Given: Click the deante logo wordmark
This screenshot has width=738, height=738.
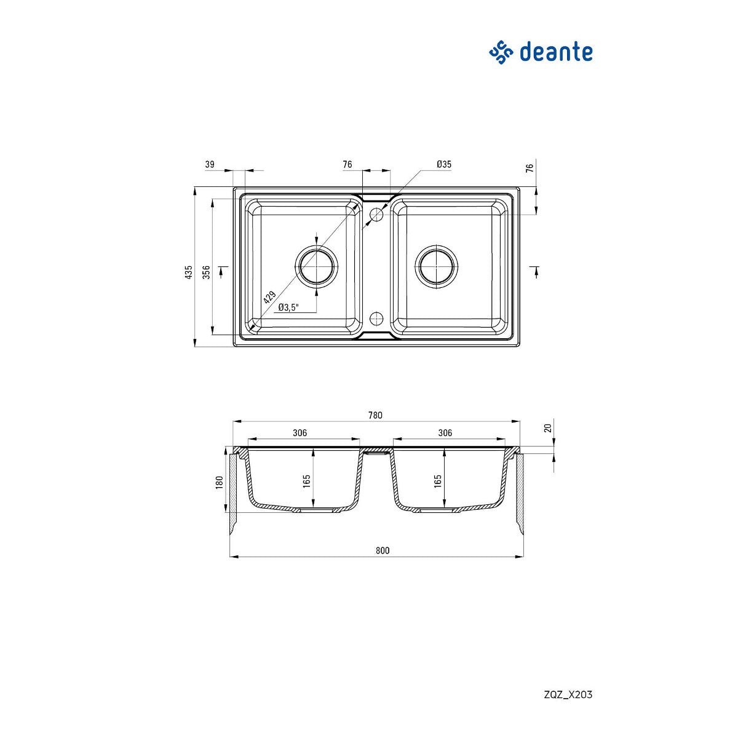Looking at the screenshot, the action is coord(555,52).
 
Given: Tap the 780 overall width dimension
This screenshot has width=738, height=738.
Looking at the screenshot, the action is coord(375,415).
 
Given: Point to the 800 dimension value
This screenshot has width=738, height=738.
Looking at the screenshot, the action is coord(382,550).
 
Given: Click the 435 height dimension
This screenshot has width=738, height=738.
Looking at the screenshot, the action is coord(188,272).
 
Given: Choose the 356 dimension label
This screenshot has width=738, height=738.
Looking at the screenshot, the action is coord(207,272).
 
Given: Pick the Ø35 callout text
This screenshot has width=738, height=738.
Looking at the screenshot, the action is coord(444,164).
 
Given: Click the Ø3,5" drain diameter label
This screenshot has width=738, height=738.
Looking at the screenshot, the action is coord(288,307).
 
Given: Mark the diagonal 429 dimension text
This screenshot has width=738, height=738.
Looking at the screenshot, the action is coord(269,297).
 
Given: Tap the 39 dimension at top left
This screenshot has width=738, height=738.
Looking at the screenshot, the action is coord(210,164).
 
